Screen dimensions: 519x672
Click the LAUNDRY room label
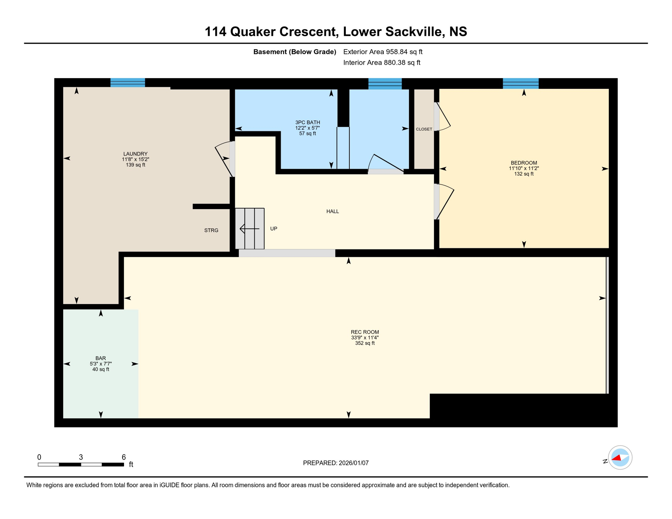pos(135,154)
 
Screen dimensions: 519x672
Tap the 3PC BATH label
pos(307,123)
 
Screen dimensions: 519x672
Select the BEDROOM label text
pos(524,163)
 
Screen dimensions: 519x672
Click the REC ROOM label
pos(365,332)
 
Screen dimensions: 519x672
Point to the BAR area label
pos(100,358)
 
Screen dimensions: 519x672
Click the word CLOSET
pos(424,129)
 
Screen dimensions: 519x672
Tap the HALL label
pos(332,212)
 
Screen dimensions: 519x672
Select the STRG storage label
pos(211,230)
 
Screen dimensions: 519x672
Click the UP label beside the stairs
pos(273,229)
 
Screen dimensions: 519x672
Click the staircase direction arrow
pos(249,229)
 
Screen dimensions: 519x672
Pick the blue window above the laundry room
pos(128,83)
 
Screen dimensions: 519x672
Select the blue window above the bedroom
pos(521,83)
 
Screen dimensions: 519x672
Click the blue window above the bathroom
pos(385,83)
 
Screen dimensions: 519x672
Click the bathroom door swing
pos(385,164)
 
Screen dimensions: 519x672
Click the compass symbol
pos(620,458)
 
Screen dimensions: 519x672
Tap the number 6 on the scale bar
pos(124,457)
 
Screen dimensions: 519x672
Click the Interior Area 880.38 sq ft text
pos(382,63)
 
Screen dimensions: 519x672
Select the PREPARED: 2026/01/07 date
pos(336,463)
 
